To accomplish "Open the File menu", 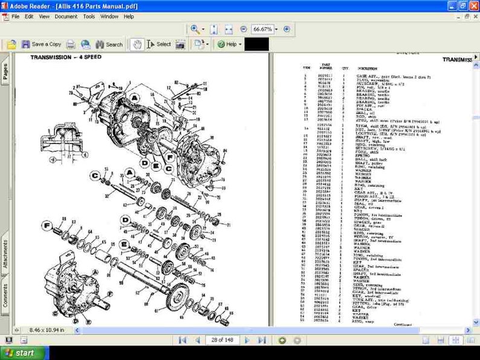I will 15,16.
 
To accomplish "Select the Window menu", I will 109,16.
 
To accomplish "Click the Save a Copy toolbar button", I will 41,44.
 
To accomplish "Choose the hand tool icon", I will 137,44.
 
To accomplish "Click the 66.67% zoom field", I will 262,29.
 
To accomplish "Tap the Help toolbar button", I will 229,44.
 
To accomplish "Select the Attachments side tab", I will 5,253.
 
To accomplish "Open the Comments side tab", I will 5,296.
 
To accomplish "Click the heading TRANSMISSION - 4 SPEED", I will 66,57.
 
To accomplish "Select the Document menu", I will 66,16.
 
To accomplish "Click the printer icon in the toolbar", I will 71,44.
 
